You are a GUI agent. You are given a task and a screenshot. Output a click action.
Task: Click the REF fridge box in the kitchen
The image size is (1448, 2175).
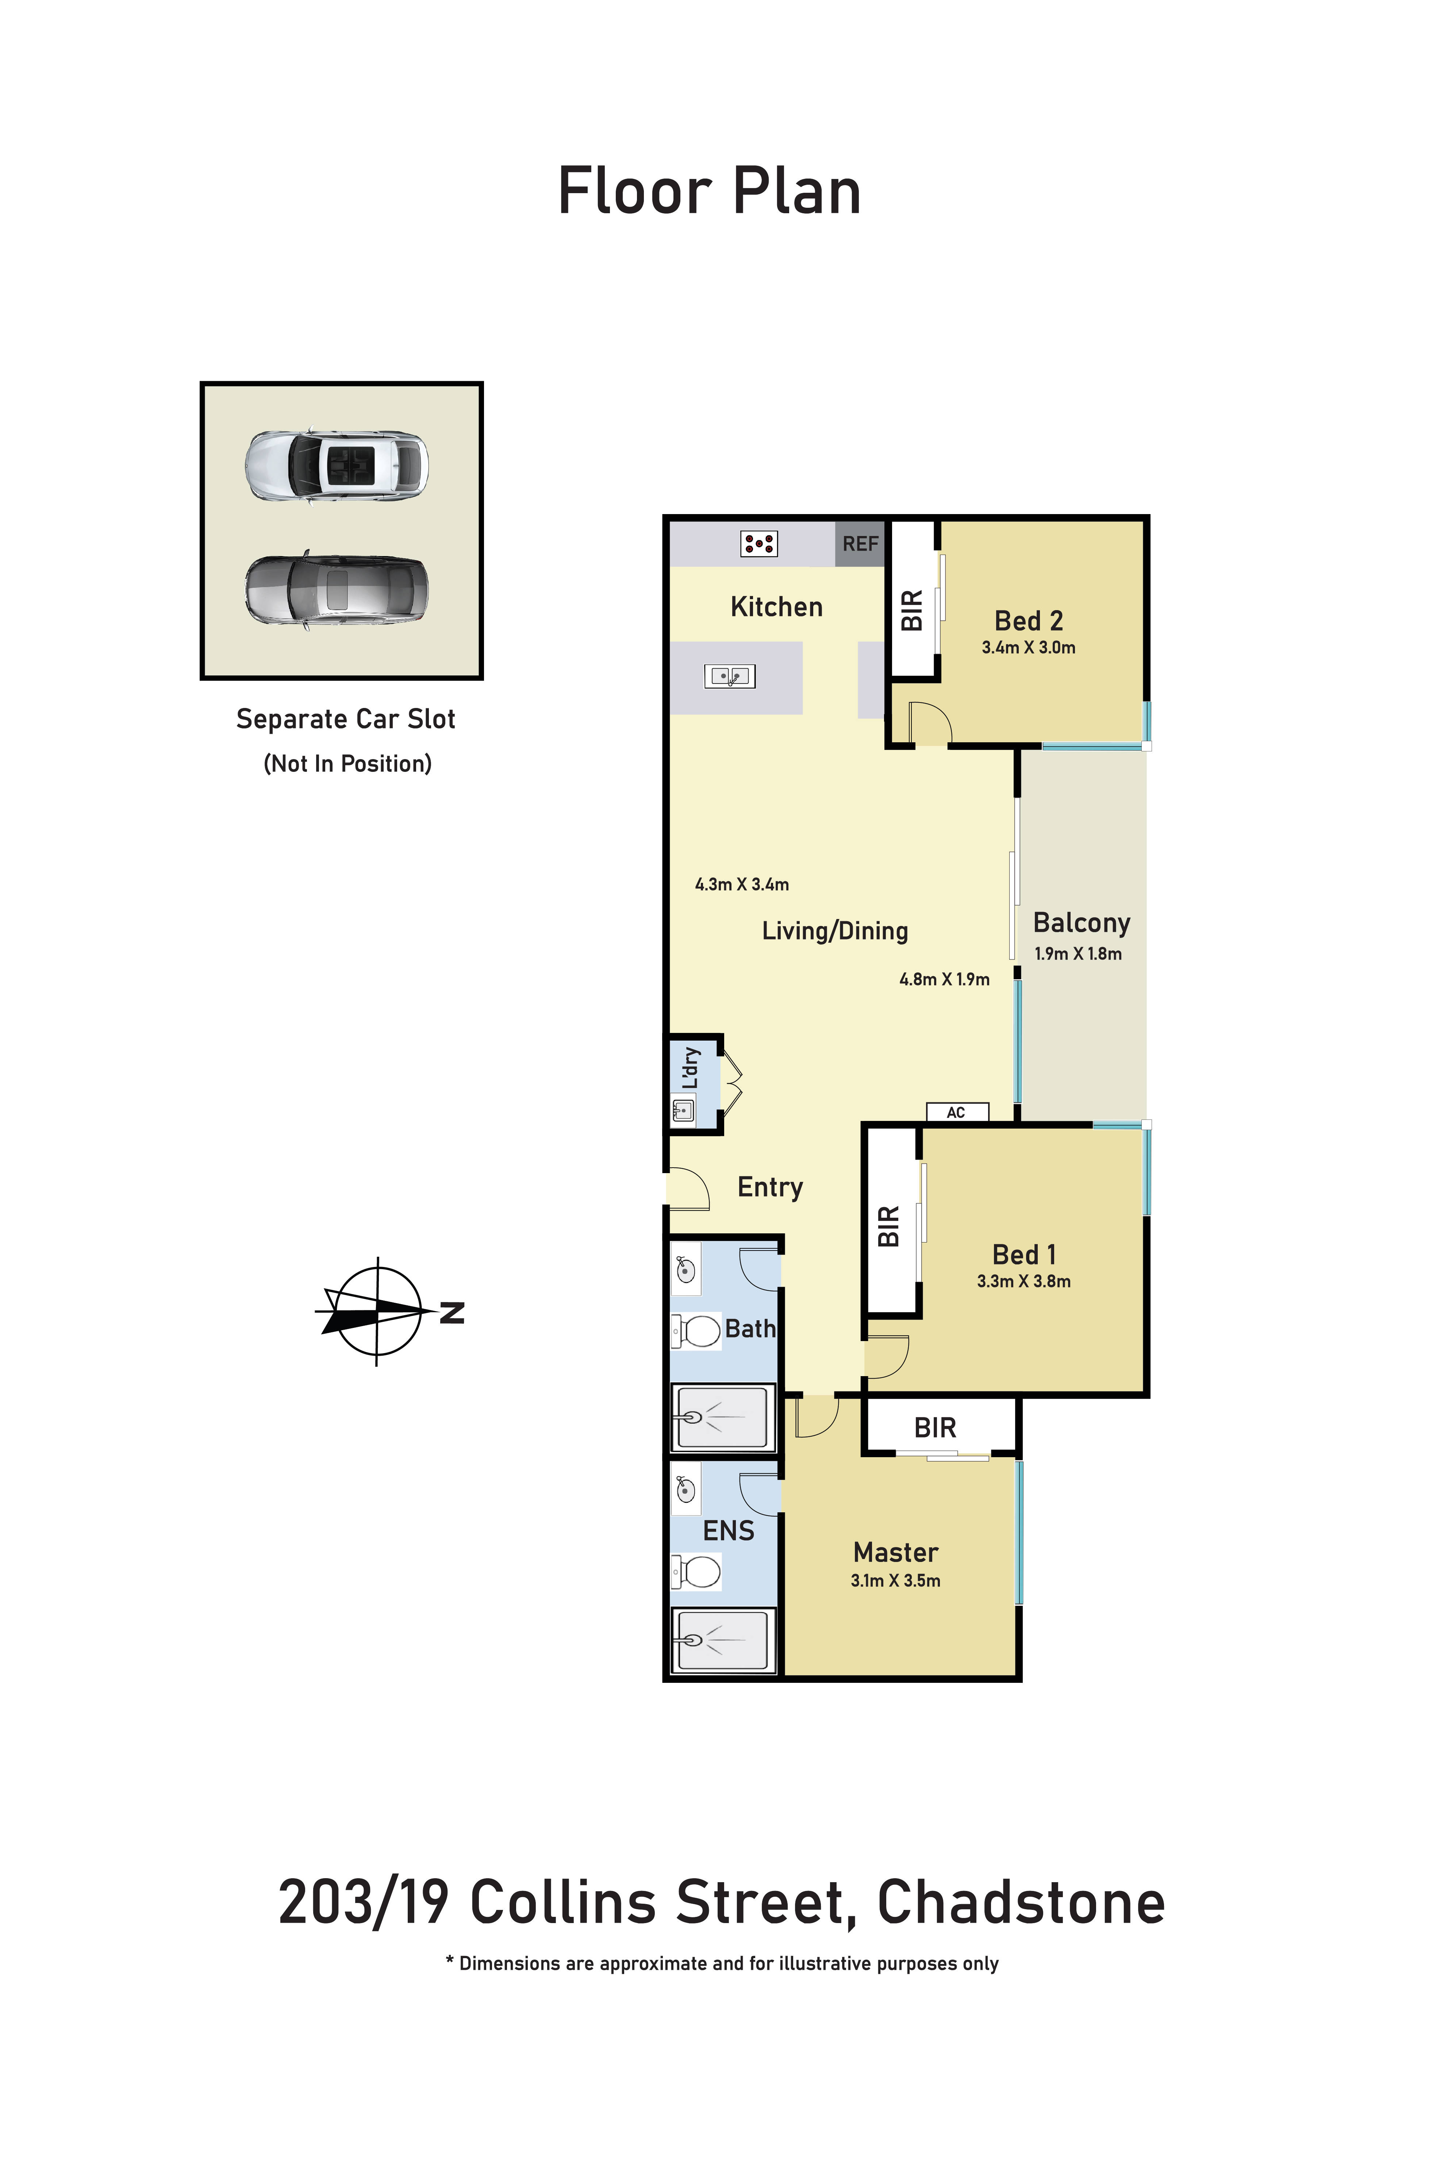pyautogui.click(x=860, y=544)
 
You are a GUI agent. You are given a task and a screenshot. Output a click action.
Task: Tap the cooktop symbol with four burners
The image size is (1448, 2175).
pyautogui.click(x=759, y=544)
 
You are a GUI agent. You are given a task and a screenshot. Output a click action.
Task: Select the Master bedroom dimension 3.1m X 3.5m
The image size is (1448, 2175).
pyautogui.click(x=895, y=1580)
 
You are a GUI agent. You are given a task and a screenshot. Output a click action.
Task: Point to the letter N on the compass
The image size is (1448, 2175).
pyautogui.click(x=452, y=1312)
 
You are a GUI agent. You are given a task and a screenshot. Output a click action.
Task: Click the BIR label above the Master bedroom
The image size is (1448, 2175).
pyautogui.click(x=934, y=1428)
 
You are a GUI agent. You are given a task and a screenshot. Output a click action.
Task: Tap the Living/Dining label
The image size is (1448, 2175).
pyautogui.click(x=835, y=931)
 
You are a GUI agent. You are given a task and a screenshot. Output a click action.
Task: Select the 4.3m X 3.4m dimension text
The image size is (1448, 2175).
pyautogui.click(x=742, y=885)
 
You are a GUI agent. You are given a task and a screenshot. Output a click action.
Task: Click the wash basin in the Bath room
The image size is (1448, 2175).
pyautogui.click(x=685, y=1270)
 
